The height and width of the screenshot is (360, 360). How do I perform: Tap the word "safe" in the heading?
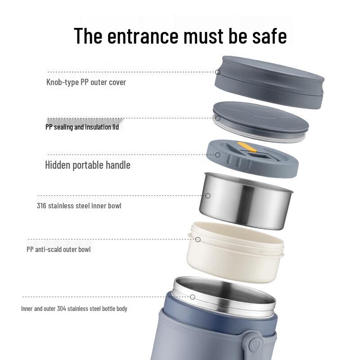[x=266, y=36]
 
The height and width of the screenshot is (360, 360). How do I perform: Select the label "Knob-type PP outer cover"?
[x=86, y=82]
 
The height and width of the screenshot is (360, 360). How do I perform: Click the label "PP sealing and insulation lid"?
[x=82, y=127]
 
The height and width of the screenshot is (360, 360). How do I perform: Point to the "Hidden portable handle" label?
[x=88, y=165]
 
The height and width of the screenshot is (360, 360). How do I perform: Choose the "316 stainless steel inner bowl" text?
[x=79, y=206]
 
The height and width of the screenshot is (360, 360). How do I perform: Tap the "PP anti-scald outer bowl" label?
[x=59, y=249]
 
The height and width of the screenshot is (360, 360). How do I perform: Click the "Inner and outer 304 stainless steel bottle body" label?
[x=74, y=309]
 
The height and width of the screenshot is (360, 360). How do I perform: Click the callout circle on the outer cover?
[x=218, y=72]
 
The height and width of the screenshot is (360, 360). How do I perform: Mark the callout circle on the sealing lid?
[x=218, y=118]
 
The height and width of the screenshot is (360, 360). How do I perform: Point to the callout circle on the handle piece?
[x=218, y=155]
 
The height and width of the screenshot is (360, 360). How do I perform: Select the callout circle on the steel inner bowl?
[x=208, y=196]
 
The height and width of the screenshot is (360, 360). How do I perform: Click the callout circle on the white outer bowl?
[x=198, y=240]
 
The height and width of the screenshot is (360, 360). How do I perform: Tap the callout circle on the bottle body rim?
[x=193, y=297]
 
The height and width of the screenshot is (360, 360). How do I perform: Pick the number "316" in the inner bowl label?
[x=41, y=206]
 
